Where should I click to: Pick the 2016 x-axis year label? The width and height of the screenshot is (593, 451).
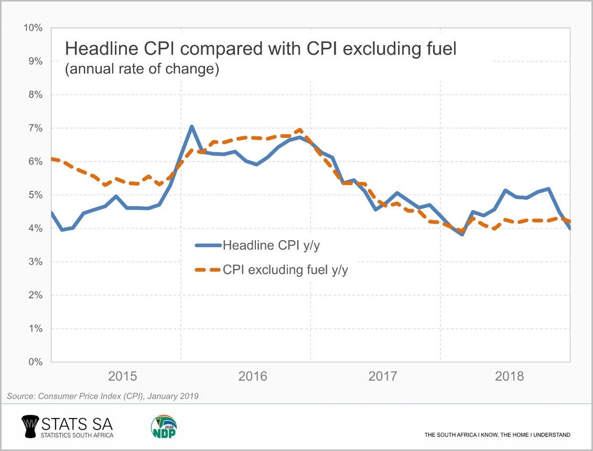click(252, 377)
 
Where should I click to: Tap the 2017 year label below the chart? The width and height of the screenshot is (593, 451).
click(382, 377)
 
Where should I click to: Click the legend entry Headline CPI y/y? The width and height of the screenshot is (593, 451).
click(271, 245)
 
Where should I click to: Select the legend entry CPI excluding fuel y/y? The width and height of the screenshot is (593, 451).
click(286, 270)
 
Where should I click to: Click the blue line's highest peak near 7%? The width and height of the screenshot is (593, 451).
click(192, 126)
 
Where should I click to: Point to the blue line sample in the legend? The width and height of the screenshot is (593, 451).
click(208, 245)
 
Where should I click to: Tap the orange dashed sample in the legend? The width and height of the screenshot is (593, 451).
click(208, 270)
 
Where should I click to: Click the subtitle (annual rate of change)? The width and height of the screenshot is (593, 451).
click(141, 69)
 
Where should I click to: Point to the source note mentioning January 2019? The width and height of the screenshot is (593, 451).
click(103, 396)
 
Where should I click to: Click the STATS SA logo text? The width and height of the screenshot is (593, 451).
click(76, 423)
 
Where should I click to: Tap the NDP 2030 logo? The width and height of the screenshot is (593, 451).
click(164, 427)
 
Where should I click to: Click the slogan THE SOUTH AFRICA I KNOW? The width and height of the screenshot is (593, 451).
click(497, 435)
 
